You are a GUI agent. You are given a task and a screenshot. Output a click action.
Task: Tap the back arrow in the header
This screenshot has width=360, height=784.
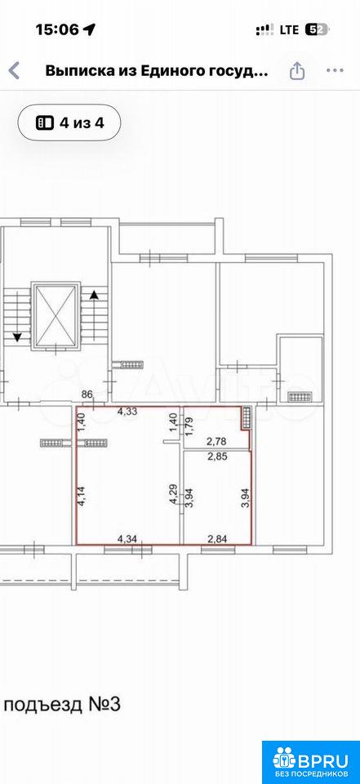click(15, 71)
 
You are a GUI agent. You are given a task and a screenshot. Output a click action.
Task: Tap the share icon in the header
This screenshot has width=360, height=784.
click(297, 70)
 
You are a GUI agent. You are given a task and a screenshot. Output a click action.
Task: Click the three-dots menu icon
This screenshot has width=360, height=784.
click(335, 71)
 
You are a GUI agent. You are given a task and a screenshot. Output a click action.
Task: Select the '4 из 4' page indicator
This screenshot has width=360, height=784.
click(69, 122)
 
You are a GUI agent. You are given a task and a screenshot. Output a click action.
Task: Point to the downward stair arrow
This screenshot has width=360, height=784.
click(17, 318)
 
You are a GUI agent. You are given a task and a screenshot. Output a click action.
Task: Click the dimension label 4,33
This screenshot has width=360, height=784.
click(127, 412)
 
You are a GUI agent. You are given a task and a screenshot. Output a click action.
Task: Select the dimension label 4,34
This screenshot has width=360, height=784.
click(127, 538)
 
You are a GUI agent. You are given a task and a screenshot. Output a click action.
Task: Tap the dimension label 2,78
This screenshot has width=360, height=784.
click(217, 442)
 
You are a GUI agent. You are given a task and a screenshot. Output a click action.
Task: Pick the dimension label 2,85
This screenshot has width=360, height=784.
click(217, 456)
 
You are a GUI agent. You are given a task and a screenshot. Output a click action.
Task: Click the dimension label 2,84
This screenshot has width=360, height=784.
click(217, 538)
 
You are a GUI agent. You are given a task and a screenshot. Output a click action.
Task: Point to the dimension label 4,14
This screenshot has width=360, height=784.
click(82, 497)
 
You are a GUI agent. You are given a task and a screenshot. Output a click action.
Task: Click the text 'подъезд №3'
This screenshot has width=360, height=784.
click(62, 706)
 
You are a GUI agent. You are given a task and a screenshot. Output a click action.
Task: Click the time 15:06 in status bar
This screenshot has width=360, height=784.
click(57, 30)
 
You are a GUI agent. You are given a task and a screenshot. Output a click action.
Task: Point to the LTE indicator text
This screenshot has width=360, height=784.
click(289, 30)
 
